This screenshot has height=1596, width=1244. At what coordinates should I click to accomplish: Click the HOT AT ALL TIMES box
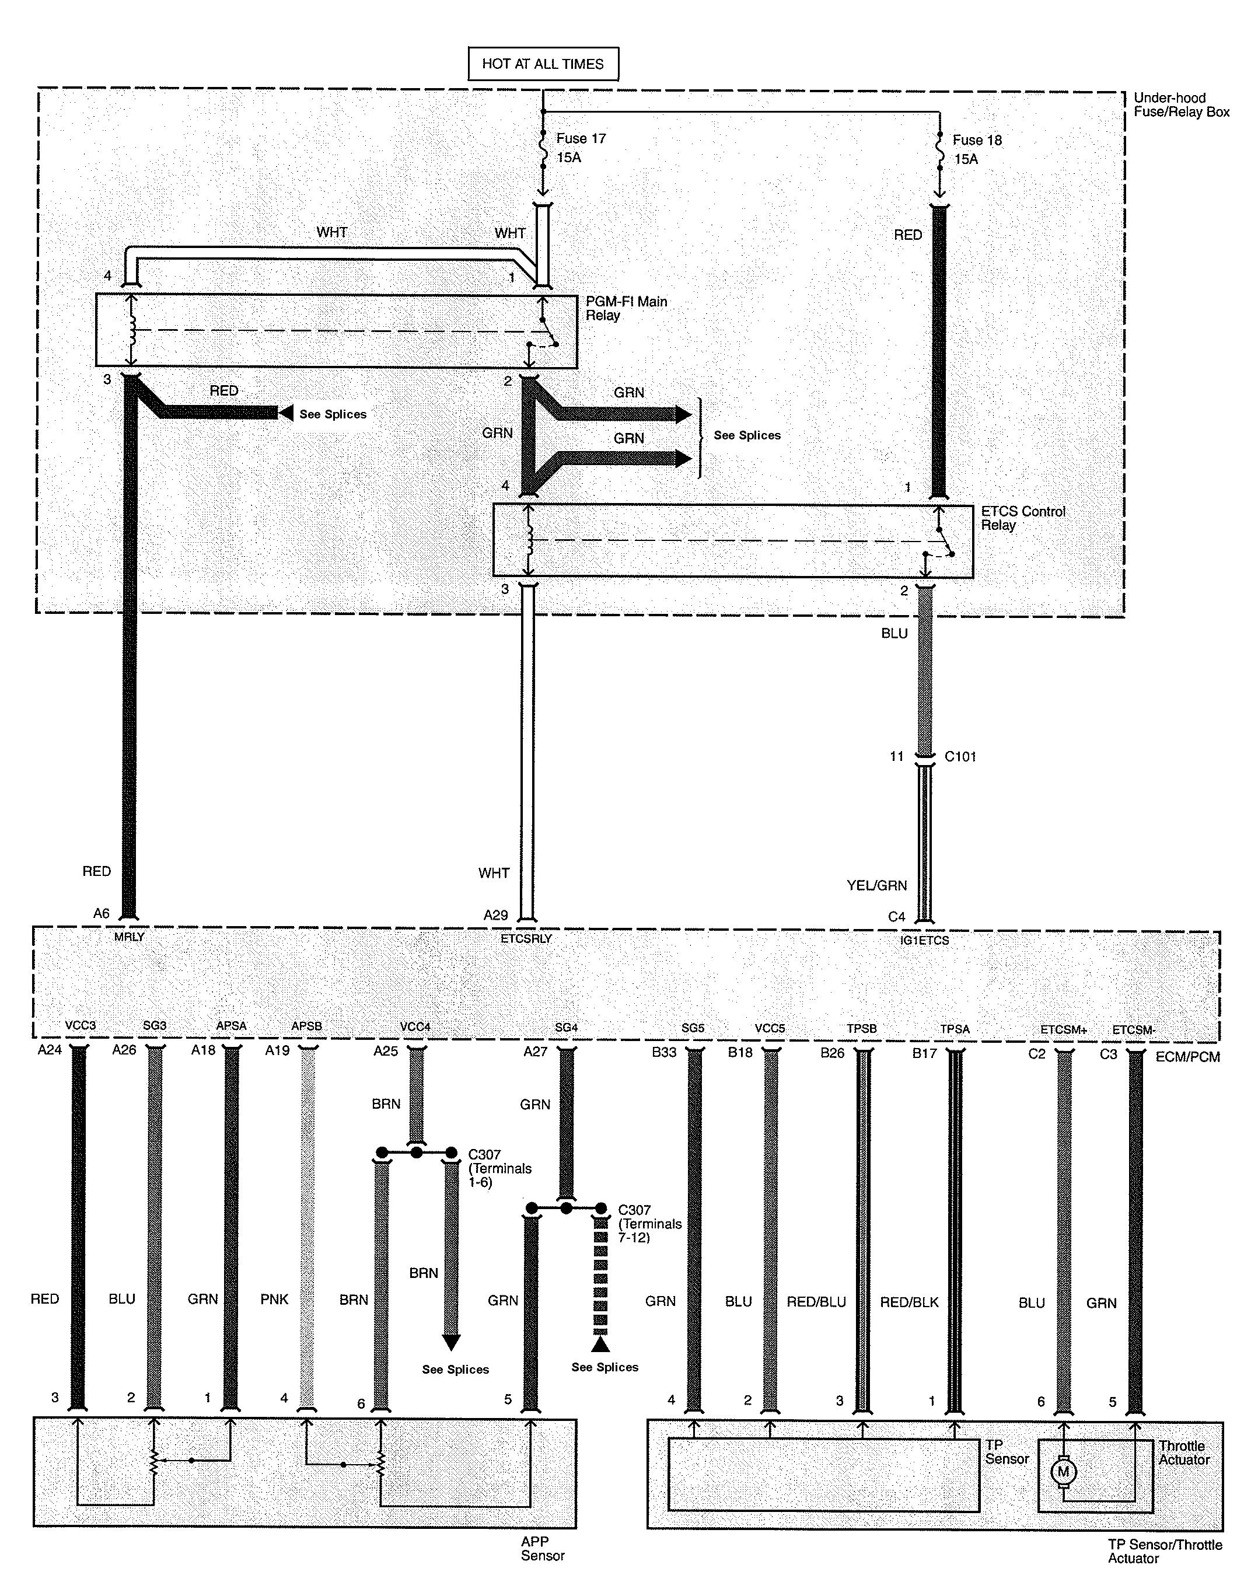click(x=543, y=64)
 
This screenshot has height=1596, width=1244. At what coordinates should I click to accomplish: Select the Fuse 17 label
click(x=581, y=138)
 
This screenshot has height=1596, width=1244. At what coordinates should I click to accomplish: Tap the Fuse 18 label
click(x=977, y=139)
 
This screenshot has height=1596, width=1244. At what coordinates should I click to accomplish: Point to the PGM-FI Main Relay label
click(x=627, y=308)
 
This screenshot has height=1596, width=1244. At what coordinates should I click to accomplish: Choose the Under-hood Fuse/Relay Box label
click(x=1181, y=104)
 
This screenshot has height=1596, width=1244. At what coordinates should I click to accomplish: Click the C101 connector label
click(x=960, y=756)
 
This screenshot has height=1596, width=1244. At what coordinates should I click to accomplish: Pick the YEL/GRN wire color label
click(x=876, y=885)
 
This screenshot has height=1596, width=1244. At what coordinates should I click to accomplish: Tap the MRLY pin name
click(x=130, y=937)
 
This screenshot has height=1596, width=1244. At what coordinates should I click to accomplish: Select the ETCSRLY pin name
click(x=526, y=939)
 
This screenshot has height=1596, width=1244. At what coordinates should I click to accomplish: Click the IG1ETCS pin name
click(x=925, y=941)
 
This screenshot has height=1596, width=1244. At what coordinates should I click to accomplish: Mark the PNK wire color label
click(x=274, y=1300)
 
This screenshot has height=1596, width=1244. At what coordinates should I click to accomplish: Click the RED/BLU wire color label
click(x=816, y=1301)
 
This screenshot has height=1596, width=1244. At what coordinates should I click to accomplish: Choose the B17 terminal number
click(x=925, y=1053)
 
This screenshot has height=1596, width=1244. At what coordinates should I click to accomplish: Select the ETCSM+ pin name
click(x=1064, y=1029)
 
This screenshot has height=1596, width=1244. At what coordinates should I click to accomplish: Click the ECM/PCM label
click(x=1188, y=1057)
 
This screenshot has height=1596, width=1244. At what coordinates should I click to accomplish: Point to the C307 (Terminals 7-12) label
click(x=650, y=1223)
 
